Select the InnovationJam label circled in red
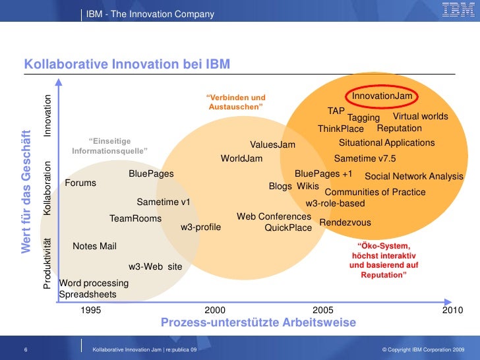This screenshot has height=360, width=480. [382, 96]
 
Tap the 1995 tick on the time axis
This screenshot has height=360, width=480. [91, 310]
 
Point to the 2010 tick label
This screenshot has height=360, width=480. [453, 310]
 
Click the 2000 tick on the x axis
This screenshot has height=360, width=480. [215, 310]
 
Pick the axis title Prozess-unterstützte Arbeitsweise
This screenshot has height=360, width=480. [258, 322]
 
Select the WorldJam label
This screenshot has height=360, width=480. [241, 159]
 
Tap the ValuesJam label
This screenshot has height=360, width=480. [272, 145]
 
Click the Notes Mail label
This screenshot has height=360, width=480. [94, 246]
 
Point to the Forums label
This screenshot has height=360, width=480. [80, 183]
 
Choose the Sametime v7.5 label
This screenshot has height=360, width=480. [365, 159]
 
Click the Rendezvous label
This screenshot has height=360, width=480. [345, 223]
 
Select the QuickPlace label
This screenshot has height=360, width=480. [287, 228]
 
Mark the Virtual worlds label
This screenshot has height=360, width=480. [420, 117]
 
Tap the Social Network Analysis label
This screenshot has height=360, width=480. [414, 177]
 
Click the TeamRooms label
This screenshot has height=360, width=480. [135, 218]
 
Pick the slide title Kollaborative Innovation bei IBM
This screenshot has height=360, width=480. [127, 64]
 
